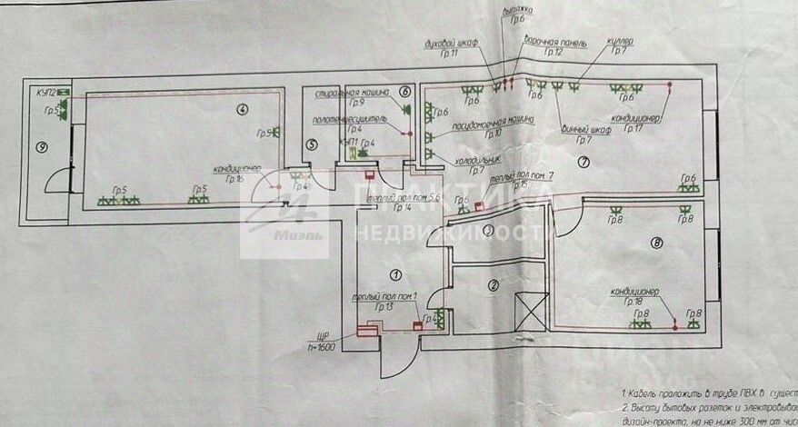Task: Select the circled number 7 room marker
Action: (x=584, y=162)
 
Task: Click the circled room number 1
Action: (x=394, y=273)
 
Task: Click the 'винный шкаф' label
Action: (x=585, y=128)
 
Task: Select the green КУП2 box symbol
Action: (x=63, y=92)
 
